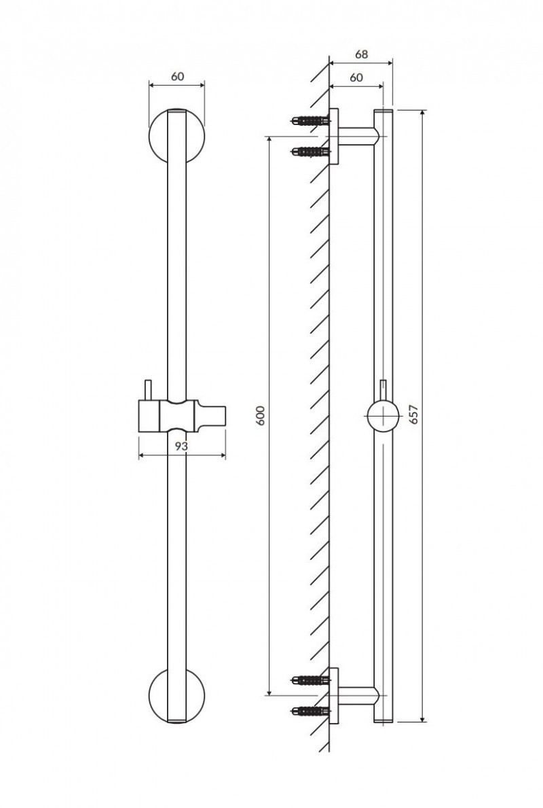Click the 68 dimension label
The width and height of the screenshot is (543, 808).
360,53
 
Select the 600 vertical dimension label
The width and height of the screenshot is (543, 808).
260,415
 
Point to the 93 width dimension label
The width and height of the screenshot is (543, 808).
181,446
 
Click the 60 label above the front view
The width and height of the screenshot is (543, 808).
177,76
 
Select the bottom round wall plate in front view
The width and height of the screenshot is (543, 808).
157,697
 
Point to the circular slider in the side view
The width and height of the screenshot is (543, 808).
382,415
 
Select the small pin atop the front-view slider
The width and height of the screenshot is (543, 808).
146,391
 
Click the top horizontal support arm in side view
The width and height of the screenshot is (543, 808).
356,137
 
